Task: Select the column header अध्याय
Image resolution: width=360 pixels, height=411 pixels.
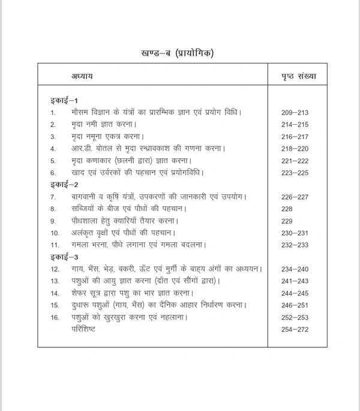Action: pyautogui.click(x=82, y=77)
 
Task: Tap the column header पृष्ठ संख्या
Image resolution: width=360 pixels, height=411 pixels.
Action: pyautogui.click(x=299, y=77)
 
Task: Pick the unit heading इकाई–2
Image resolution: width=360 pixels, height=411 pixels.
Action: pyautogui.click(x=64, y=185)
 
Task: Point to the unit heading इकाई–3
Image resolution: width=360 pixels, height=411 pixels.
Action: pyautogui.click(x=64, y=257)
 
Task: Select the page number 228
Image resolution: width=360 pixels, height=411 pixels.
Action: pyautogui.click(x=287, y=209)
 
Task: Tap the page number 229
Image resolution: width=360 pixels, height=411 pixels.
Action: pyautogui.click(x=287, y=221)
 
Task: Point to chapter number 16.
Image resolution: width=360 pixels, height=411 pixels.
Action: pyautogui.click(x=55, y=317)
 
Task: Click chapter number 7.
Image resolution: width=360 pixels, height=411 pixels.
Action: pyautogui.click(x=53, y=197)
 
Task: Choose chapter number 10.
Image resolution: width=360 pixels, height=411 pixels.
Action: pyautogui.click(x=55, y=233)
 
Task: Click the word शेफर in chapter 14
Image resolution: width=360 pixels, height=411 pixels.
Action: pyautogui.click(x=80, y=293)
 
